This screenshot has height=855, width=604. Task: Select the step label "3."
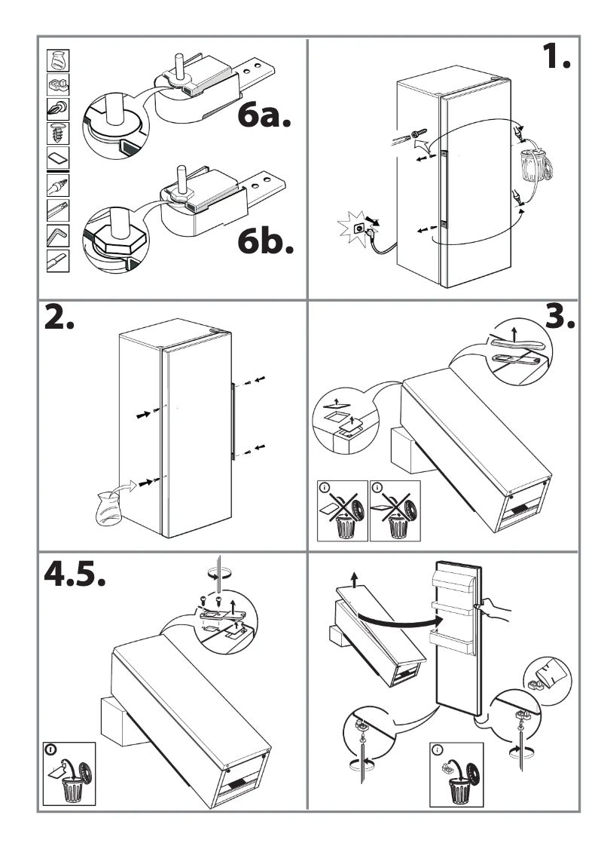click(x=560, y=319)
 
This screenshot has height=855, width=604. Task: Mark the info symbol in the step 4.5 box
click(x=50, y=750)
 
